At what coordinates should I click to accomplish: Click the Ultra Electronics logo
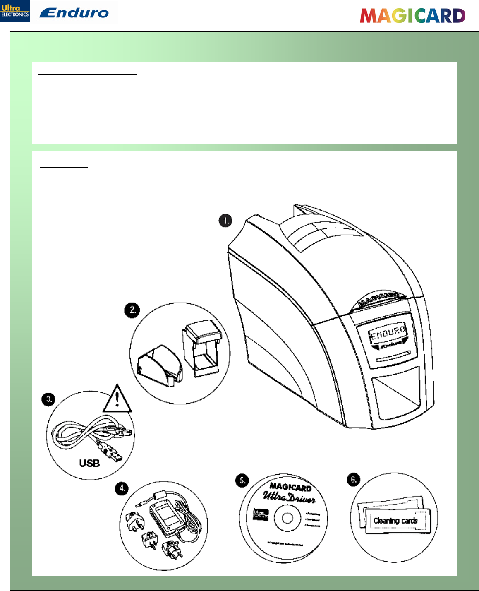[x=15, y=11]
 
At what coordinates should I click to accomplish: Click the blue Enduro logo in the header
[x=74, y=13]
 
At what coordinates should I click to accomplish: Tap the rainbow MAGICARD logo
[x=412, y=16]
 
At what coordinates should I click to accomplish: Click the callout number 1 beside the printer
[x=225, y=221]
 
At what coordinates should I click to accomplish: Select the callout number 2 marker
[x=132, y=310]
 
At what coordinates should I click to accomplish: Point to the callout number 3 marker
[x=49, y=399]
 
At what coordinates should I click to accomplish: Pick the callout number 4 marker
[x=122, y=488]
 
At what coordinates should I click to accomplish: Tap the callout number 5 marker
[x=242, y=480]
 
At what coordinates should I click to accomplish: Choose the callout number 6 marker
[x=354, y=480]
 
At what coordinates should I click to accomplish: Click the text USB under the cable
[x=89, y=463]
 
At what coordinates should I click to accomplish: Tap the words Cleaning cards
[x=395, y=521]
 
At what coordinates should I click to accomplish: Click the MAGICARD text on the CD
[x=291, y=488]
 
